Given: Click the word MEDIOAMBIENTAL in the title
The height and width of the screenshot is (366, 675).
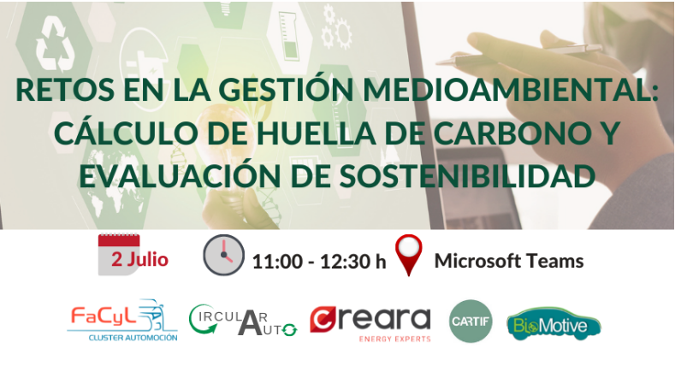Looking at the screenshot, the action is tap(510, 90).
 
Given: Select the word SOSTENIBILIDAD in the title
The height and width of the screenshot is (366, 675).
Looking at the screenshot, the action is tap(467, 176).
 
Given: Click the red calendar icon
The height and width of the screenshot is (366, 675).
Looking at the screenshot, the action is tap(119, 255).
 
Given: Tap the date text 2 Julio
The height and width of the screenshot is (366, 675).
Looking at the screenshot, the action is tap(139, 259).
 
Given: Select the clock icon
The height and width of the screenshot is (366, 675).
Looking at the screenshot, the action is tap(223, 255).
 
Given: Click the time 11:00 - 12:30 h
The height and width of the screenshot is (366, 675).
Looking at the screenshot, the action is tap(319, 262).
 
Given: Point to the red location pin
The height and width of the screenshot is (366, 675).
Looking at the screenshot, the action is tap(409, 255).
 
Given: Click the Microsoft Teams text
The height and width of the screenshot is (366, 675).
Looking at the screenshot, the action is tap(509, 261).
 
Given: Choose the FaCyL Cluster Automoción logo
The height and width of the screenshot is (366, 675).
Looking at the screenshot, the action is tap(122, 321).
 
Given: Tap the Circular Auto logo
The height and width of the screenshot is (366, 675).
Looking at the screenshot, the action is tap(243, 320).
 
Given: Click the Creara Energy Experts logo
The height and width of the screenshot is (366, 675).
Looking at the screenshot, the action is tap(370, 324).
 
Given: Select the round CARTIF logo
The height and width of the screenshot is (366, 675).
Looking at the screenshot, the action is tap(471, 322).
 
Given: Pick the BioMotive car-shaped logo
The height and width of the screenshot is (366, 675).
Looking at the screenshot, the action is tap(554, 323).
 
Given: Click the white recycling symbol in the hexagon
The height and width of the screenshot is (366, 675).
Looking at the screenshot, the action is tap(55, 44).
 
